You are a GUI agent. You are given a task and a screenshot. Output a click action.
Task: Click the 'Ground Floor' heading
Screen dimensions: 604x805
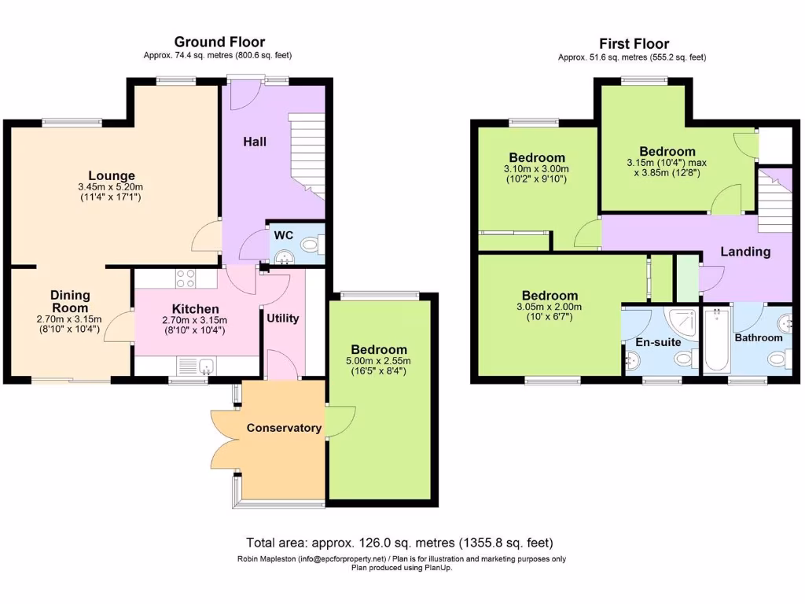point(219,42)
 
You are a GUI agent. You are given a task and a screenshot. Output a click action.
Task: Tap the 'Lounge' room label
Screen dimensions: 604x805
point(112,175)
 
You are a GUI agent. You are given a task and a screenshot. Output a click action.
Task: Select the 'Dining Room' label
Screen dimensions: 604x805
point(71,301)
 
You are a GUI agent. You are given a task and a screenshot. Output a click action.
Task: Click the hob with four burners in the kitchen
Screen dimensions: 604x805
point(185,278)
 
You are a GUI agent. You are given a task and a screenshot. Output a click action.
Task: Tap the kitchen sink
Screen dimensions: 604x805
point(204,366)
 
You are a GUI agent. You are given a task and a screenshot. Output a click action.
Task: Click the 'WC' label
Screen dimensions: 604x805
point(283,234)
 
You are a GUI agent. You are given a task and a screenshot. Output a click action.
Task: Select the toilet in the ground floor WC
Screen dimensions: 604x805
point(311,245)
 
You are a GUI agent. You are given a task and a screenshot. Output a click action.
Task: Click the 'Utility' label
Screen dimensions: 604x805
point(282,318)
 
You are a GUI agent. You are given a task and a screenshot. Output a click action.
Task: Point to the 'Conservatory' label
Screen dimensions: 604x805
point(284,428)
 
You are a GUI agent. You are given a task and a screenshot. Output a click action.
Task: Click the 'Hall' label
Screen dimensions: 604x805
point(254,142)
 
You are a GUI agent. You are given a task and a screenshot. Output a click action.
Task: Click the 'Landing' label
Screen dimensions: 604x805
point(745,252)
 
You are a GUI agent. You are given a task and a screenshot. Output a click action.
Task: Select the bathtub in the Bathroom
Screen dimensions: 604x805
point(718,342)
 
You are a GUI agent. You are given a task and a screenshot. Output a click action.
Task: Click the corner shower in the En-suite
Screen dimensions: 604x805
point(680,320)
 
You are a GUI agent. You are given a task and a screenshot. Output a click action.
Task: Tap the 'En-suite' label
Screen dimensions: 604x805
point(659,342)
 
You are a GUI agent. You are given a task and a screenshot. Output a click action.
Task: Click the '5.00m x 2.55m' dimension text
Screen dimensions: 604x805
point(379,361)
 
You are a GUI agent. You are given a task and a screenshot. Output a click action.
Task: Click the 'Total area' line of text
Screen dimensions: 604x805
point(399,543)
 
